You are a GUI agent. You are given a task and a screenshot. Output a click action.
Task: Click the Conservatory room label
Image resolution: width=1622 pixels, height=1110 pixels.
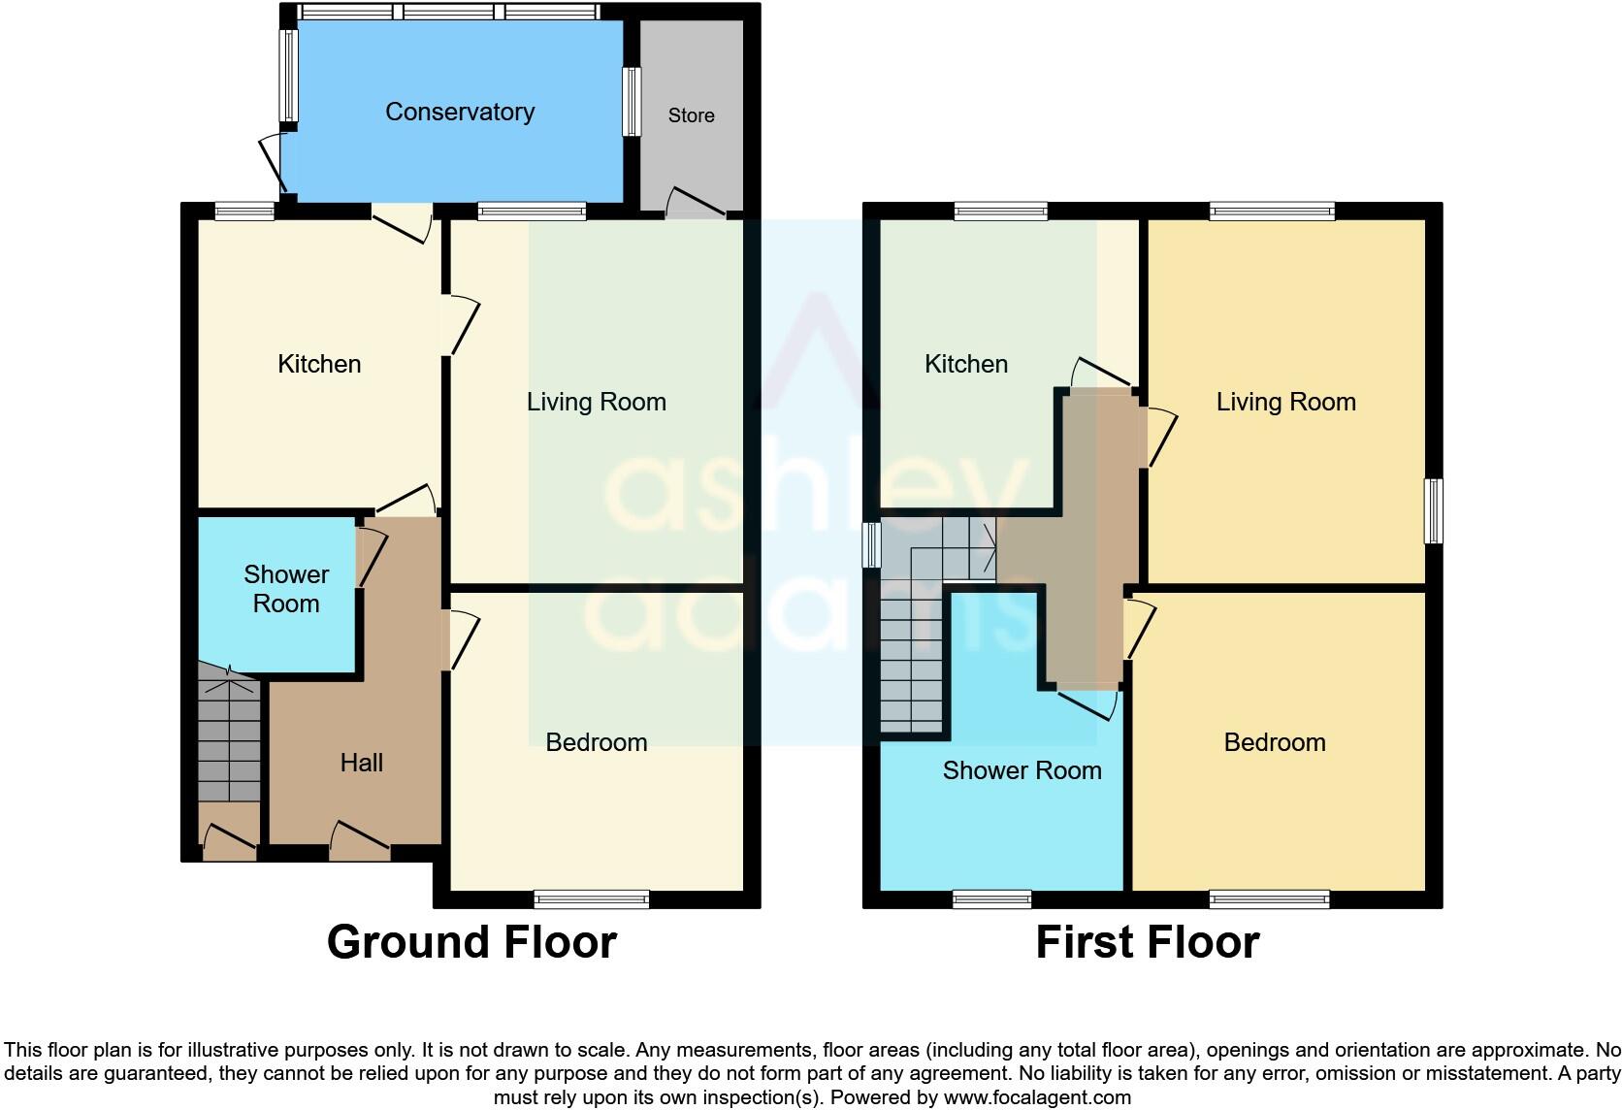click(460, 112)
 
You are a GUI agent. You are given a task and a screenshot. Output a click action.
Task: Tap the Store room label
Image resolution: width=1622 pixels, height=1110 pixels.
click(691, 115)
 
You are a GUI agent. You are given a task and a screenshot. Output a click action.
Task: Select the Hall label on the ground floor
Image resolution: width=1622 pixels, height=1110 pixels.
click(361, 763)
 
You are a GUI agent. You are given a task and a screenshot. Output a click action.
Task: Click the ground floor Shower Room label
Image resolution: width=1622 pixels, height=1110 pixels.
click(286, 589)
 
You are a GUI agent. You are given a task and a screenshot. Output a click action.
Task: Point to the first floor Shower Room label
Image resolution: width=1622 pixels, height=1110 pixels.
click(1022, 770)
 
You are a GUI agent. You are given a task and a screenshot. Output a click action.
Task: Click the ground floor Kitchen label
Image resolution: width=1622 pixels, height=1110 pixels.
click(319, 364)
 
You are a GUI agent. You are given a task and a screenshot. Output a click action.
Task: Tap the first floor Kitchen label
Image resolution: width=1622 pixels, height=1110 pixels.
click(966, 364)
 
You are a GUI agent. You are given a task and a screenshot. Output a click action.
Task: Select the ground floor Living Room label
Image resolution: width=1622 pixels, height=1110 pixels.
click(596, 402)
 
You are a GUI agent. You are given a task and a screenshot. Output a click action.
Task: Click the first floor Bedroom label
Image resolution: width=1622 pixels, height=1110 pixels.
click(1274, 742)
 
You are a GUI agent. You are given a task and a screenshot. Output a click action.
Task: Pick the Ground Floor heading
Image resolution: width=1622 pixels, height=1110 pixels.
click(471, 942)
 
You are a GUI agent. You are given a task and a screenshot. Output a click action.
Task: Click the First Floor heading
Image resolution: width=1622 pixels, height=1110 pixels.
click(1147, 942)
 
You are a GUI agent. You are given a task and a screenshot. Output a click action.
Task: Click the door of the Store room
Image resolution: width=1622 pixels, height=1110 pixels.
click(696, 202)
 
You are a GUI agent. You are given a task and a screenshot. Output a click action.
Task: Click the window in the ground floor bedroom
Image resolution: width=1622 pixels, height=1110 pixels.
click(592, 899)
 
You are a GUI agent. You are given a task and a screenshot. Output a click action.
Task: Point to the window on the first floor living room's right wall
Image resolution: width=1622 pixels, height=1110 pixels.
click(1434, 511)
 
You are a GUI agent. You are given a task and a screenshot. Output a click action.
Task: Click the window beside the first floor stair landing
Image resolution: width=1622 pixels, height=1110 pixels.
click(871, 545)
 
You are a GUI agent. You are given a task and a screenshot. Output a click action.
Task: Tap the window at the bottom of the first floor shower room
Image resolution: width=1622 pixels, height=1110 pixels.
click(991, 899)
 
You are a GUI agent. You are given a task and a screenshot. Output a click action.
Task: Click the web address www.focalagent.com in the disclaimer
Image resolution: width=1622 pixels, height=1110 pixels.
click(1036, 1097)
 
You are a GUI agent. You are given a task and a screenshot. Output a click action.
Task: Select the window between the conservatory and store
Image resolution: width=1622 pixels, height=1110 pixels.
click(632, 101)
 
